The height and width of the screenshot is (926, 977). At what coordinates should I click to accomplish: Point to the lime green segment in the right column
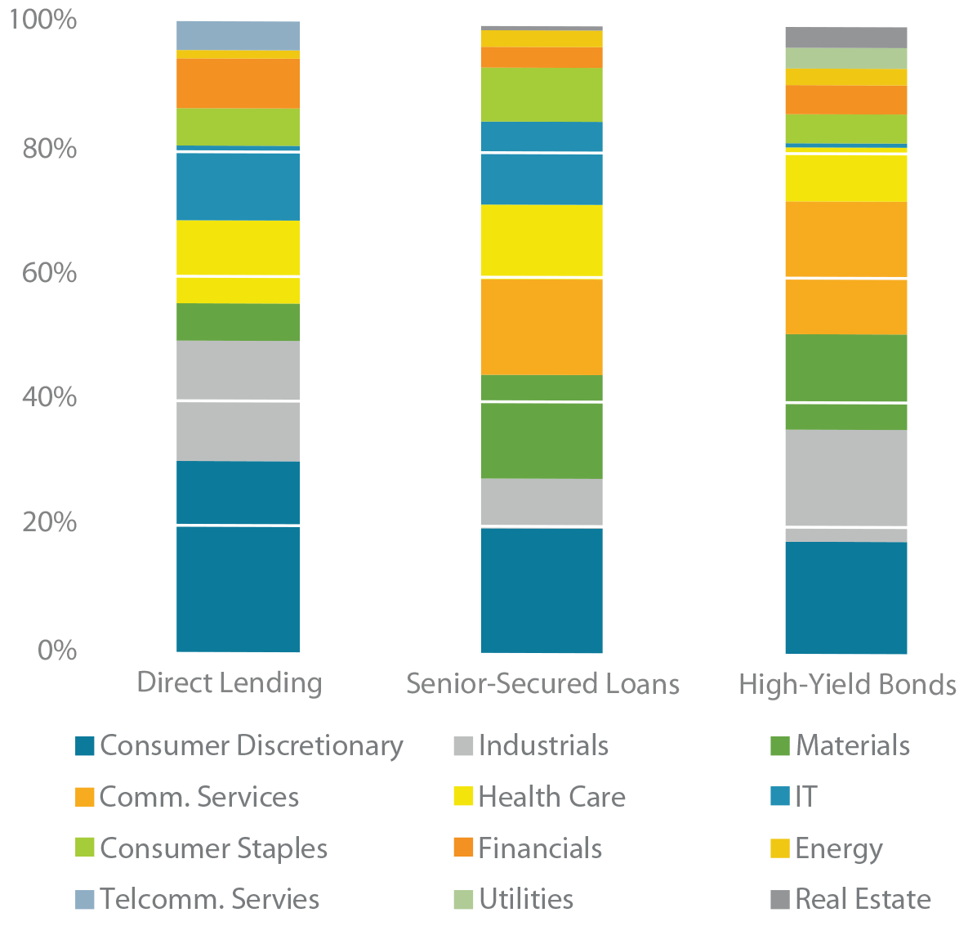click(x=841, y=127)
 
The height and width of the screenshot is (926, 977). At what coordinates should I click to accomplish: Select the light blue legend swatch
click(x=62, y=892)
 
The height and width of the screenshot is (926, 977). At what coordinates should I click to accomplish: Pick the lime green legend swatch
click(x=54, y=845)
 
